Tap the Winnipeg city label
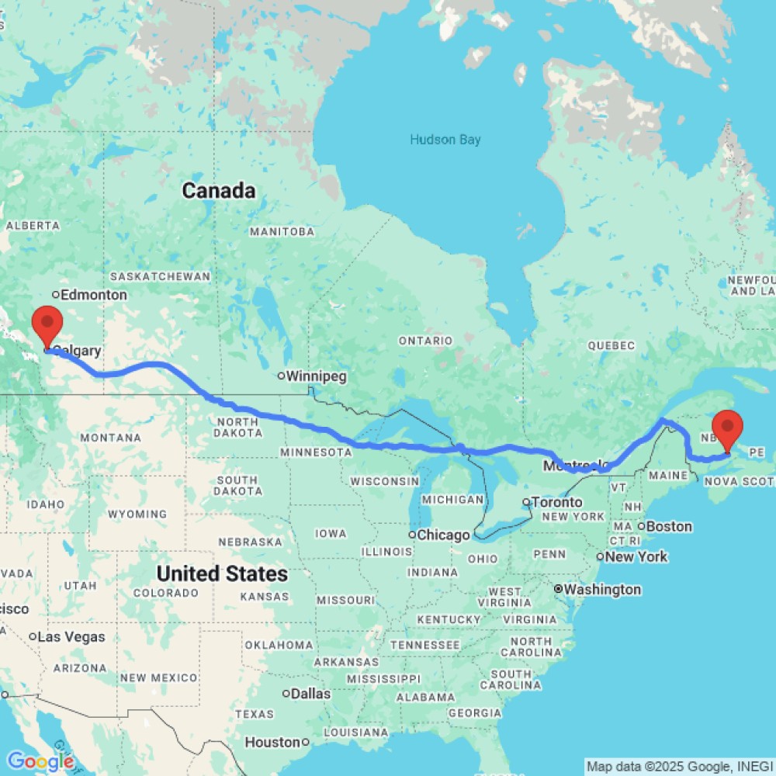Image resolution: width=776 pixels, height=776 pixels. coord(314,376)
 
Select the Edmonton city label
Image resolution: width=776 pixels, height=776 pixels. coord(93,295)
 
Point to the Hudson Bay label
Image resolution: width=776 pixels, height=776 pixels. coord(445,140)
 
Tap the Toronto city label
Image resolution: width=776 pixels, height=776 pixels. coord(556,502)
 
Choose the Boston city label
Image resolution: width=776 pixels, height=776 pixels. coord(669,526)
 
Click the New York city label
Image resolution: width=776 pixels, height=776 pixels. coord(636,556)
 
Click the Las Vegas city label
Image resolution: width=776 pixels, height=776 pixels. coord(71,637)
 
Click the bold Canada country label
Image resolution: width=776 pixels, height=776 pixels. coord(218,190)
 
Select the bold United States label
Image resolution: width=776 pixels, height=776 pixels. coord(222,574)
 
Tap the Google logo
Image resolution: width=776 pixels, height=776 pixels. coord(40,762)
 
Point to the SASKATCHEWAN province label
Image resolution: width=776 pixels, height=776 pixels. coord(161,276)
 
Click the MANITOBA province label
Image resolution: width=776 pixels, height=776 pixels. coord(282,231)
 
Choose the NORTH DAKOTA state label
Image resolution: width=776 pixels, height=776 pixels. coord(238,427)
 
